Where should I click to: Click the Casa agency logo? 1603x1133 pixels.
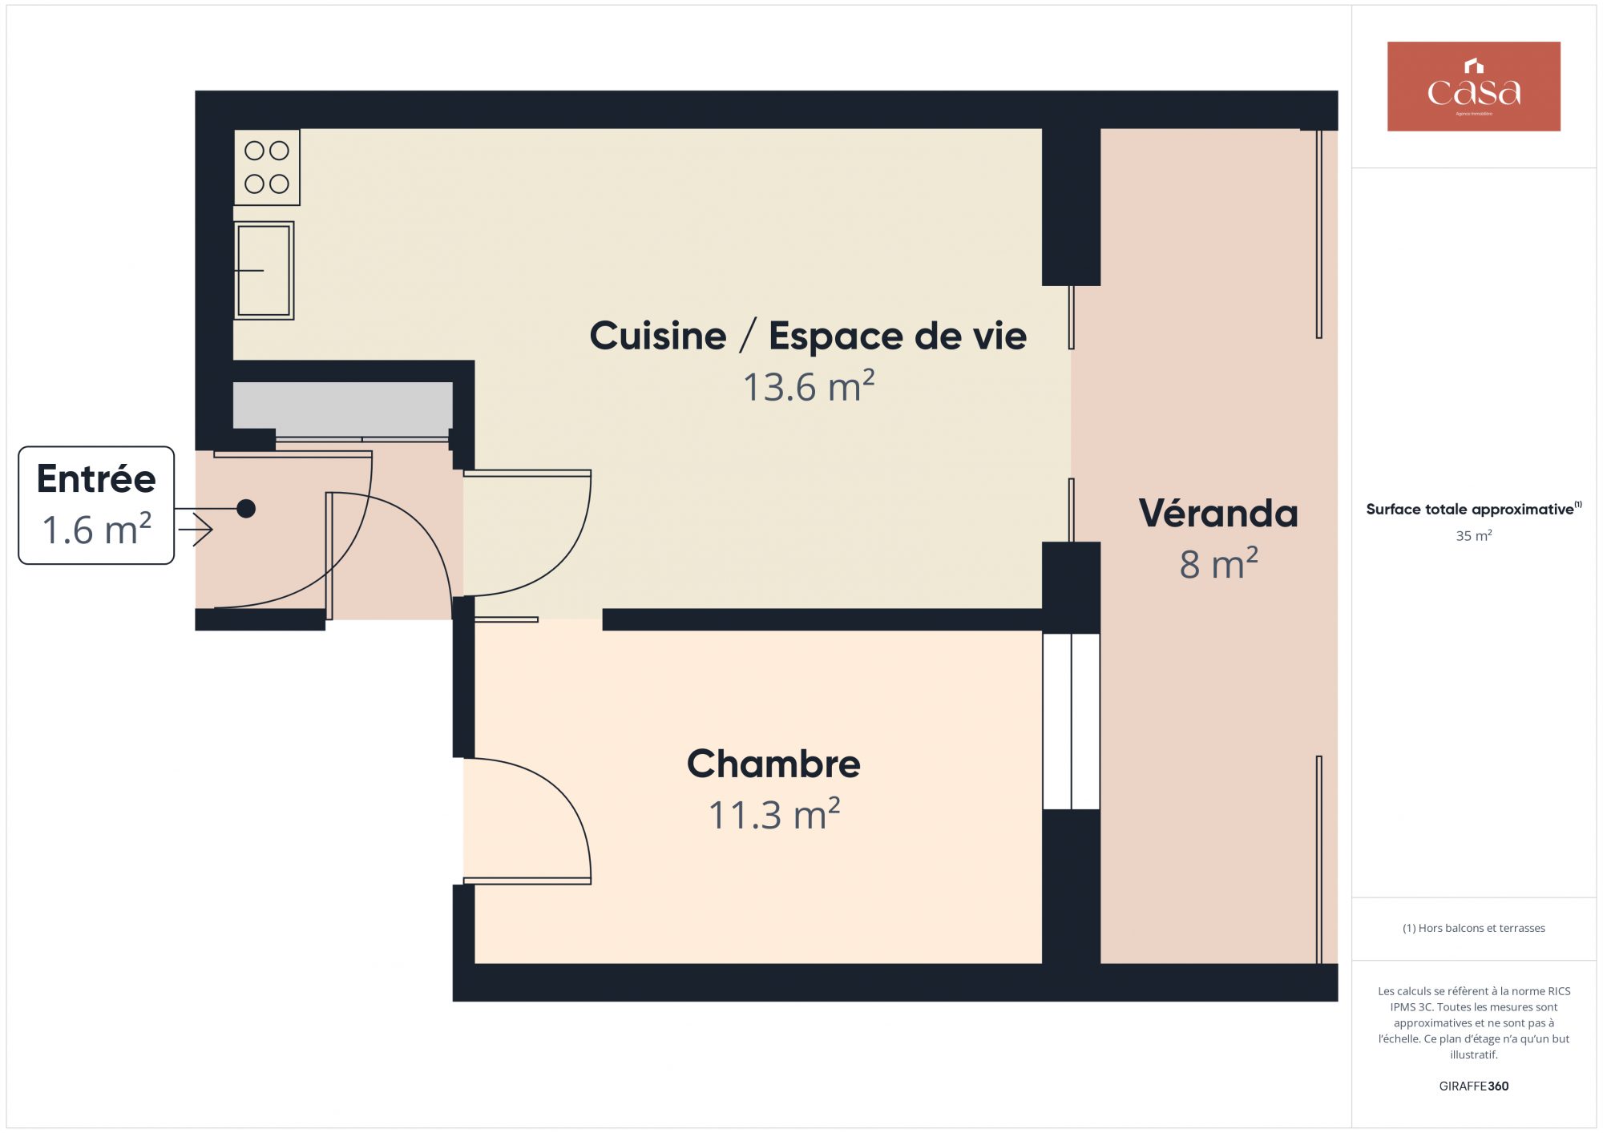click(x=1473, y=87)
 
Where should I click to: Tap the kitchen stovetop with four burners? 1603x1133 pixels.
click(x=267, y=167)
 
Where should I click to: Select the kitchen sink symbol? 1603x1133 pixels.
click(x=264, y=271)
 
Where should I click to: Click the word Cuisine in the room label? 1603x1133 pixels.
click(x=658, y=336)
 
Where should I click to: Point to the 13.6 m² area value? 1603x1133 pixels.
click(x=809, y=386)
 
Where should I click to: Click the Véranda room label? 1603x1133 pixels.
click(x=1218, y=513)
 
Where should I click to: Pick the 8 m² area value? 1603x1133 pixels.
click(x=1218, y=563)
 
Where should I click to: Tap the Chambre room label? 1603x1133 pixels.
click(x=773, y=764)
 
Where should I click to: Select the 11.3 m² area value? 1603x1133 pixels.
click(x=774, y=814)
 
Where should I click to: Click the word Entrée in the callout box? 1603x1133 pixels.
click(x=96, y=479)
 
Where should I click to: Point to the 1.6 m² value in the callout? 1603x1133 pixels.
click(x=96, y=530)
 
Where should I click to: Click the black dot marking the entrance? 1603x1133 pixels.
click(x=246, y=508)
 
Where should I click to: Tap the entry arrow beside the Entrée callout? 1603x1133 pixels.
click(x=196, y=530)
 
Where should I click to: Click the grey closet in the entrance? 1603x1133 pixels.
click(x=343, y=409)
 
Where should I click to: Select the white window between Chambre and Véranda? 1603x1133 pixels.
click(x=1071, y=721)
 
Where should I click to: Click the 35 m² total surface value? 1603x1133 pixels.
click(x=1474, y=535)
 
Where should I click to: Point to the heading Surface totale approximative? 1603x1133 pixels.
click(x=1470, y=509)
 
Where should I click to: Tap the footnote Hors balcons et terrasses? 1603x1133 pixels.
click(x=1474, y=928)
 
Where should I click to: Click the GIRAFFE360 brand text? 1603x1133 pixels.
click(x=1474, y=1086)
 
